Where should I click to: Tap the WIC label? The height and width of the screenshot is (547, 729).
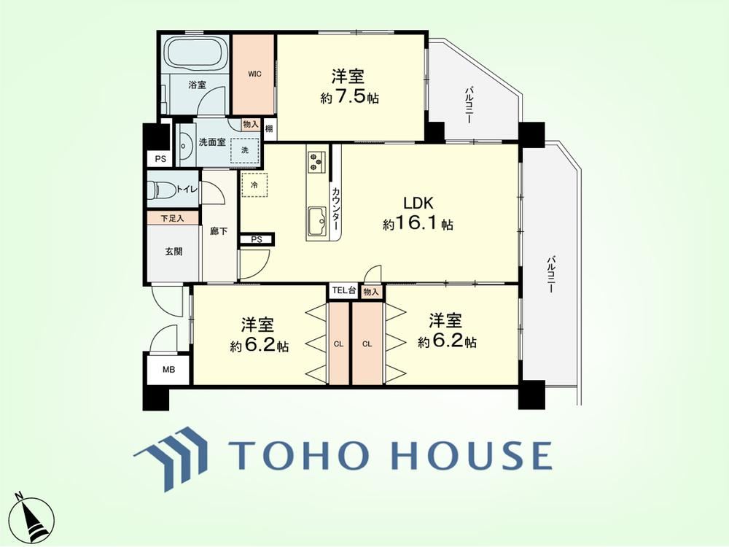254,74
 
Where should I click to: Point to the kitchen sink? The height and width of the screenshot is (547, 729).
317,221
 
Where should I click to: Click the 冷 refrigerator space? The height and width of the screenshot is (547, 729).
254,185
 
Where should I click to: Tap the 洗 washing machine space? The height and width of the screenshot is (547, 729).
244,150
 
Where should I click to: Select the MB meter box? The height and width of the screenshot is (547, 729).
168,370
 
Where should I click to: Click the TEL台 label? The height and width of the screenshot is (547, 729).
344,291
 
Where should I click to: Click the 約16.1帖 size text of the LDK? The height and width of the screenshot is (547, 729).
418,225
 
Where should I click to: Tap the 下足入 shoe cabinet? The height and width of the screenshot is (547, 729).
173,217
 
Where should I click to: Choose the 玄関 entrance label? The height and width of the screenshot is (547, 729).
174,252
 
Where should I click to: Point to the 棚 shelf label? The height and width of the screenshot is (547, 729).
269,129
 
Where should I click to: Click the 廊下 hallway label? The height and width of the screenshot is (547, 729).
219,230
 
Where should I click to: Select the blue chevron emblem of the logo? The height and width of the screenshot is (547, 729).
171,459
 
